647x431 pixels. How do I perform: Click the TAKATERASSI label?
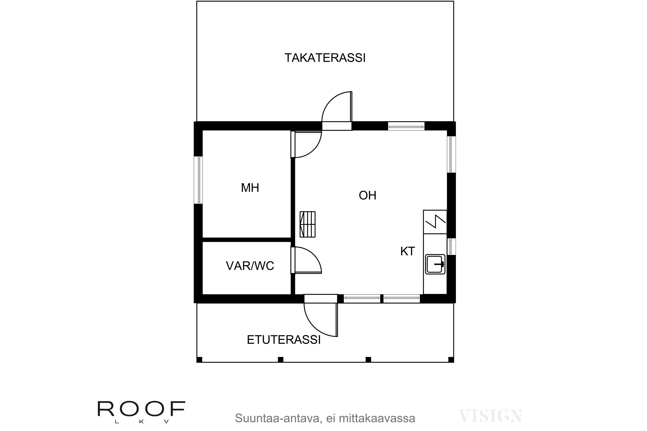tap(325, 58)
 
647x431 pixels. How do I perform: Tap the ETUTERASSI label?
tap(284, 340)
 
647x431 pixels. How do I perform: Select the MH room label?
tap(250, 188)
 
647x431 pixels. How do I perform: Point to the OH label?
tap(367, 195)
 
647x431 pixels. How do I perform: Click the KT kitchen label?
tap(407, 251)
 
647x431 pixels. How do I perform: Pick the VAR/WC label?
tap(250, 266)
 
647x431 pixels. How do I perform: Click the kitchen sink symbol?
tap(435, 264)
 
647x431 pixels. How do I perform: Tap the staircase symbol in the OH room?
tap(308, 224)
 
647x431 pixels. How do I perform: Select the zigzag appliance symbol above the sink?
tap(435, 222)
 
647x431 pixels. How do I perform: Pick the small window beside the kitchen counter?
tap(451, 246)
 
